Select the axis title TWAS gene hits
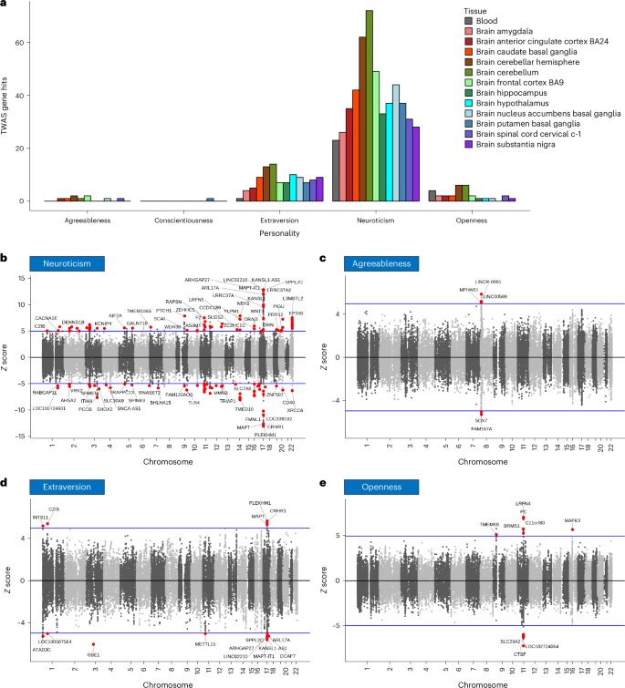[x=10, y=108]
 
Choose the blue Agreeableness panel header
[x=377, y=262]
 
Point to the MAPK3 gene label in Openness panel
[x=573, y=520]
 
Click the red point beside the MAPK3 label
[x=572, y=529]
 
